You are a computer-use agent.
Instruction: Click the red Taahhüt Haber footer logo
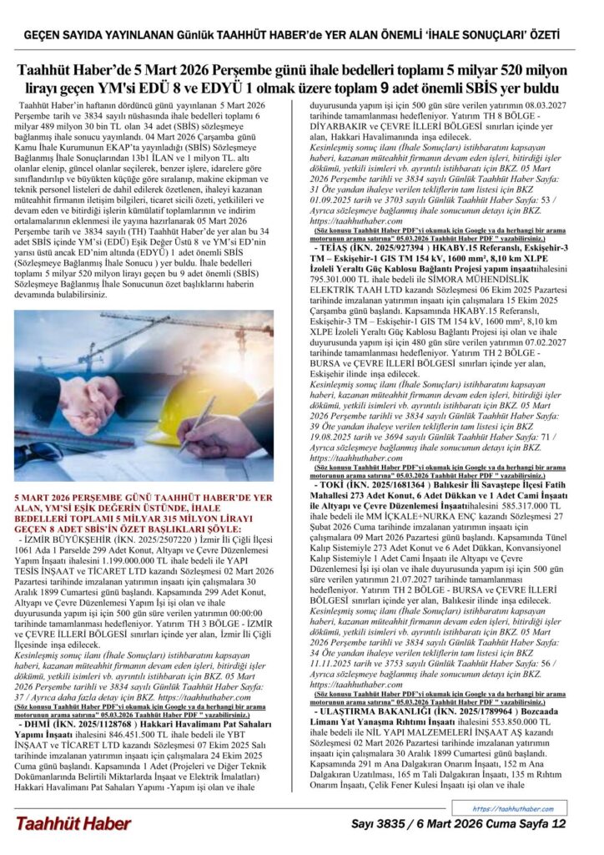click(x=73, y=823)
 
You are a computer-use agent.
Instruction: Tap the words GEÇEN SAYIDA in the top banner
click(x=63, y=36)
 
